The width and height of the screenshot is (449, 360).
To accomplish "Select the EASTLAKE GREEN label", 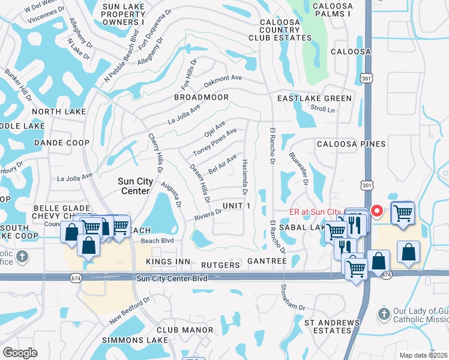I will pyautogui.click(x=315, y=98).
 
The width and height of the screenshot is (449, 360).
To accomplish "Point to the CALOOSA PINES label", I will pyautogui.click(x=351, y=145).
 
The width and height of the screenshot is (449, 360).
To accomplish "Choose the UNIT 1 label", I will pyautogui.click(x=235, y=206).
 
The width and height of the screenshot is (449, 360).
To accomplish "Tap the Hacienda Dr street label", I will pyautogui.click(x=245, y=177).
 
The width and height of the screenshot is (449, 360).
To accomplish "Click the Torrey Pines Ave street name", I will pyautogui.click(x=219, y=139).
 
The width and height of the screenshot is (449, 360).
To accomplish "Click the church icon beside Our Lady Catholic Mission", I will pyautogui.click(x=385, y=314).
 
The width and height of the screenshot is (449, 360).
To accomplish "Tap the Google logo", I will pyautogui.click(x=20, y=353).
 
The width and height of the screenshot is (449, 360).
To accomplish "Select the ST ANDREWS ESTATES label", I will pyautogui.click(x=331, y=326).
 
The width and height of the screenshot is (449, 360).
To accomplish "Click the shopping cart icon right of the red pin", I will pyautogui.click(x=402, y=213).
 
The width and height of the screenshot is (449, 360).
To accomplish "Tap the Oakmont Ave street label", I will pyautogui.click(x=223, y=79).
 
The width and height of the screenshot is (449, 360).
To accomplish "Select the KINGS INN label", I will pyautogui.click(x=167, y=262).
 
